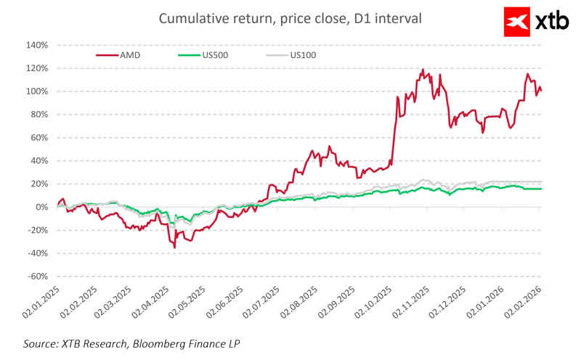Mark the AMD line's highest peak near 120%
point(422,70)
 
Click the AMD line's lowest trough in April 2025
point(174,247)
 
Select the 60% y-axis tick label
point(39,138)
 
